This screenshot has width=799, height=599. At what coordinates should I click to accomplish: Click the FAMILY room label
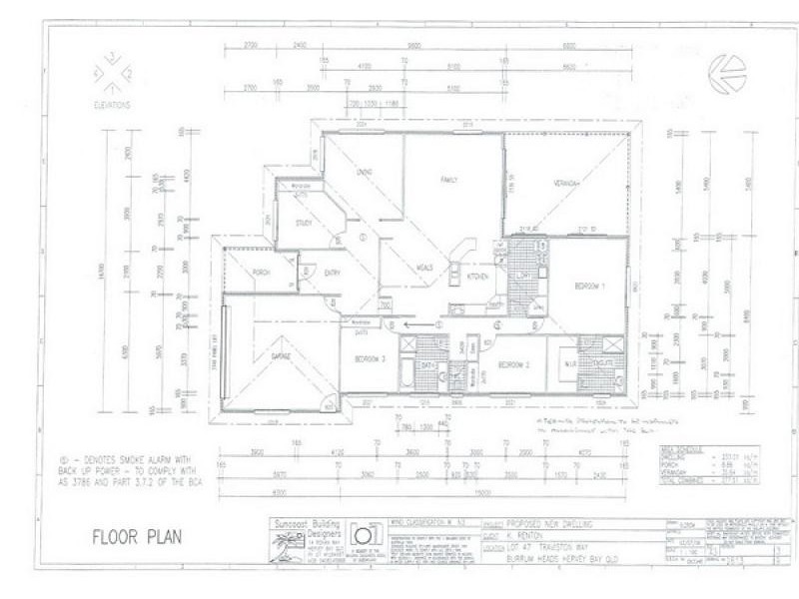(x=449, y=180)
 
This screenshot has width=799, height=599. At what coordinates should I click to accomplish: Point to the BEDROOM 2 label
(x=519, y=364)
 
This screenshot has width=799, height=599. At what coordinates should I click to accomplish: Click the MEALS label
(x=424, y=267)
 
